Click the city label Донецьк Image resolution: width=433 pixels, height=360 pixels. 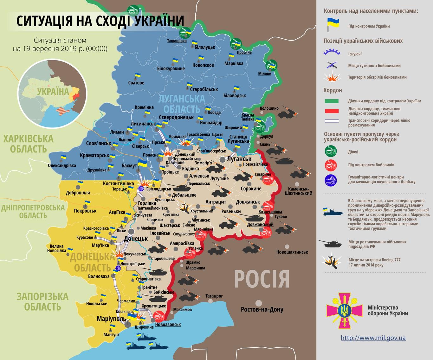pos(136,239)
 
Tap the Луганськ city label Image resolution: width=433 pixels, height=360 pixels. pos(239,159)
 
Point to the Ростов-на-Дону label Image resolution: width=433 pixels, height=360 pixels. pos(262,309)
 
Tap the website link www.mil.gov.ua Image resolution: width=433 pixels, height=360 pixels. pos(373,338)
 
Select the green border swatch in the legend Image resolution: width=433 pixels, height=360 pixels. pos(331,101)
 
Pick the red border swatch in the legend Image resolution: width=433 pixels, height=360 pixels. pos(331,111)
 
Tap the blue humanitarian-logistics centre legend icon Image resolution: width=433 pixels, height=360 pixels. pos(331,180)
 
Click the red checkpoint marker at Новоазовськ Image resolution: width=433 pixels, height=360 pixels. pos(158,316)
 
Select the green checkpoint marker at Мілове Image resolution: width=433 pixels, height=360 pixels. pos(271,65)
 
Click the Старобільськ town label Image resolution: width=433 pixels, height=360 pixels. pos(204,89)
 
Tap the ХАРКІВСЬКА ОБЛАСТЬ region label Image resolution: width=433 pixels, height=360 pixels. pos(28,144)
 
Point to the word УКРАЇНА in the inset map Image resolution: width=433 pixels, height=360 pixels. pos(53,92)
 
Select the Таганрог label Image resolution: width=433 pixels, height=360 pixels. pos(214,296)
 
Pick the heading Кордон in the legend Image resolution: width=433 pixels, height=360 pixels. pos(333,90)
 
